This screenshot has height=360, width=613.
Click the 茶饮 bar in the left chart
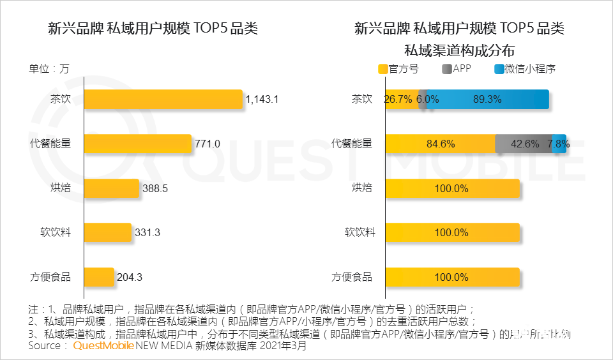(163, 100)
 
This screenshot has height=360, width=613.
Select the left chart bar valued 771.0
(138, 144)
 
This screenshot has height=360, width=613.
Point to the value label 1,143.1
(262, 100)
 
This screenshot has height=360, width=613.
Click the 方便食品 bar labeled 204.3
(99, 277)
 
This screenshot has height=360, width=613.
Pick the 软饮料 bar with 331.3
(107, 232)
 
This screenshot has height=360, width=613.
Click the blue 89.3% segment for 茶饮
(487, 100)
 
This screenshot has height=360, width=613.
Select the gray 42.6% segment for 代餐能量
(524, 144)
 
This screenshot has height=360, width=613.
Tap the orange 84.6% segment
(441, 144)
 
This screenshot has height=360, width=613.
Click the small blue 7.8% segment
(559, 144)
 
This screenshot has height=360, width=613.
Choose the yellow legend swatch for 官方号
(383, 69)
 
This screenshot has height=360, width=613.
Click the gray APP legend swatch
(446, 69)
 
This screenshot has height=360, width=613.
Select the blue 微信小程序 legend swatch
(498, 69)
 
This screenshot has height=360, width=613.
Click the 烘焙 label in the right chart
(361, 188)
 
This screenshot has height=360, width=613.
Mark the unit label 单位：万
(49, 69)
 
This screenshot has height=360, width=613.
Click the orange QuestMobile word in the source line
(103, 346)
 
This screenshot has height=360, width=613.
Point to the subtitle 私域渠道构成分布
(459, 50)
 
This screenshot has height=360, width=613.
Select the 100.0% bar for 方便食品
(452, 277)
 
